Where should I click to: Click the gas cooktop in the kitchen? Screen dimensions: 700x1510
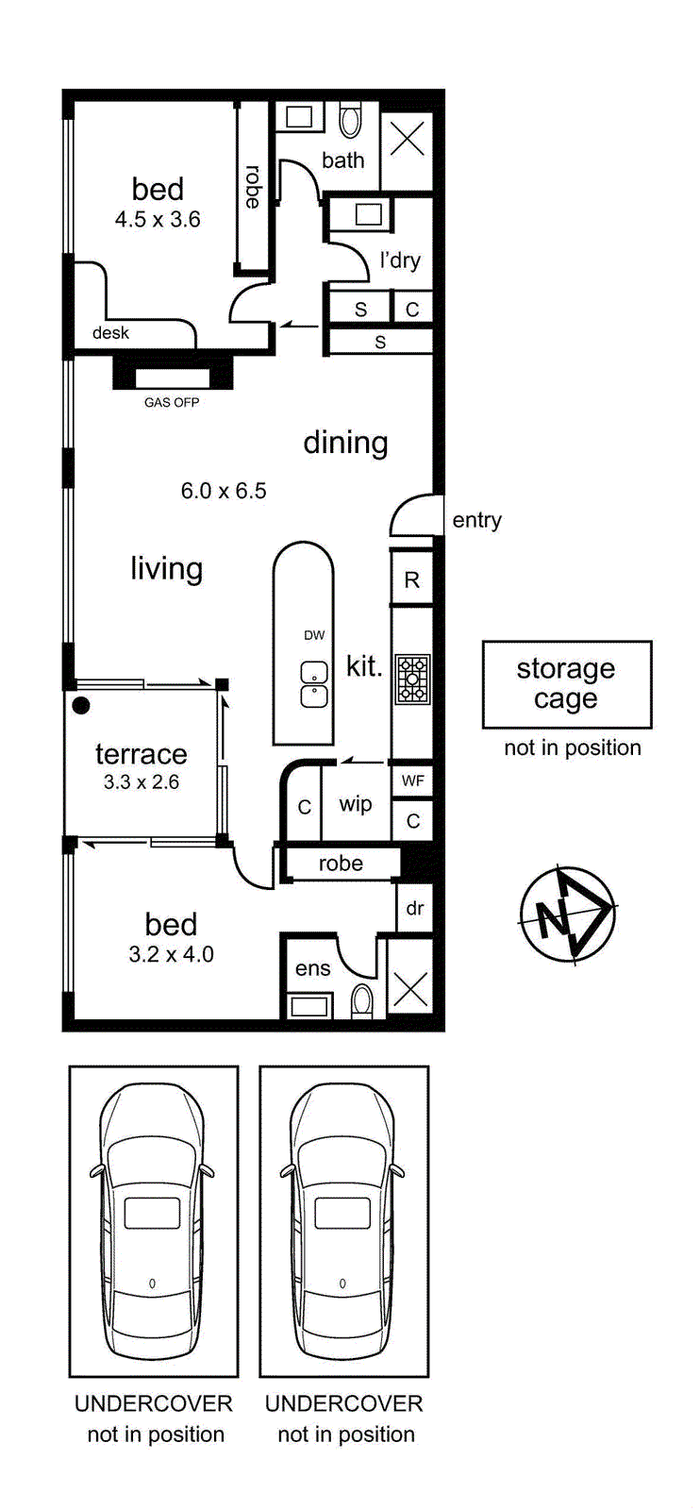coord(411,679)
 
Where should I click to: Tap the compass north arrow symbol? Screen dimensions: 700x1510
coord(567,915)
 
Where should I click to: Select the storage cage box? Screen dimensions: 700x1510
coord(567,684)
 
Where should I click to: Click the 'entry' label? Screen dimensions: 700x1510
coord(477,520)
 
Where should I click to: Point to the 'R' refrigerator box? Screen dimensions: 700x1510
coord(411,579)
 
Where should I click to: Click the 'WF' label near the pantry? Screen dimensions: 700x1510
coord(412,780)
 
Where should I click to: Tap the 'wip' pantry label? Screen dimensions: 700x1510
coord(355,804)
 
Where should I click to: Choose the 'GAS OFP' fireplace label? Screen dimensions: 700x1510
coord(172,402)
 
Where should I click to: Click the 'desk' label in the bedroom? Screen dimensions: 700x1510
coord(110,333)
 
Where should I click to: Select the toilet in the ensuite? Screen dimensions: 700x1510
coord(362,1001)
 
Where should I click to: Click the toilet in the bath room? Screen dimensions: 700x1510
coord(349,120)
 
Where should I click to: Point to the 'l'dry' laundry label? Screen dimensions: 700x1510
coord(400,260)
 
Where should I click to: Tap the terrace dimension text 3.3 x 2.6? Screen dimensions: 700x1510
coord(142,782)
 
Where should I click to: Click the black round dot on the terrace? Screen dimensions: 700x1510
coord(81,705)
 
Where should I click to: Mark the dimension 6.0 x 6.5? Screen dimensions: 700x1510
coord(224,491)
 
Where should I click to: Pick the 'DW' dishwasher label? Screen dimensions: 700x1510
coord(314,635)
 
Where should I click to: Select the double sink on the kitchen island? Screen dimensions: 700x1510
coord(314,684)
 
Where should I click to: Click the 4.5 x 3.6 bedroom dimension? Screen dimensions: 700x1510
coord(158,219)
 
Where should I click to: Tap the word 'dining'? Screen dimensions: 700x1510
coord(345,444)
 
